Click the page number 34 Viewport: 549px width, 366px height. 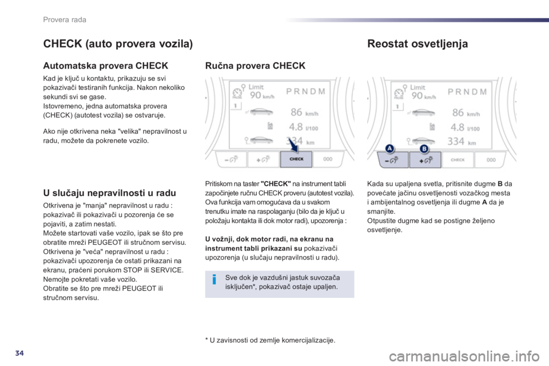pyautogui.click(x=19, y=353)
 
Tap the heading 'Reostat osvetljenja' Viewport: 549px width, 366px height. pyautogui.click(x=417, y=44)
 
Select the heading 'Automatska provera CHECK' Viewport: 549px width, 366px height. pyautogui.click(x=105, y=66)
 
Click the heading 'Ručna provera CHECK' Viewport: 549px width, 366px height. pyautogui.click(x=255, y=66)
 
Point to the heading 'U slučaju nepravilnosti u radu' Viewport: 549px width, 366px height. pyautogui.click(x=110, y=193)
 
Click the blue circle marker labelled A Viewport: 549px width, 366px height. pyautogui.click(x=389, y=149)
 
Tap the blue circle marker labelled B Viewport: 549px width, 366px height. pyautogui.click(x=424, y=149)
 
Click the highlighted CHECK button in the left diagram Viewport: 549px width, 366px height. pyautogui.click(x=296, y=160)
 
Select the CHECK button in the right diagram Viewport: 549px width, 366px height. pyautogui.click(x=457, y=160)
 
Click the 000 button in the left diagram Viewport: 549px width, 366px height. pyautogui.click(x=328, y=160)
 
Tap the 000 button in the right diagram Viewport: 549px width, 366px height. pyautogui.click(x=491, y=160)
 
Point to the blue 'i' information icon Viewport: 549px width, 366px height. pyautogui.click(x=214, y=280)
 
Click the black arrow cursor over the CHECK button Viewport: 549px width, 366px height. pyautogui.click(x=293, y=145)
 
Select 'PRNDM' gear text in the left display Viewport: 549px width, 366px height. pyautogui.click(x=305, y=91)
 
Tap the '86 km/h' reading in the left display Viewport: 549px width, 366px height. pyautogui.click(x=304, y=113)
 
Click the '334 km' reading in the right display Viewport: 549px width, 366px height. pyautogui.click(x=462, y=141)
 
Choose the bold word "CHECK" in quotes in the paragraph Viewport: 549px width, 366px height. pyautogui.click(x=276, y=184)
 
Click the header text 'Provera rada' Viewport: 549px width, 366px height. pyautogui.click(x=65, y=19)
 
